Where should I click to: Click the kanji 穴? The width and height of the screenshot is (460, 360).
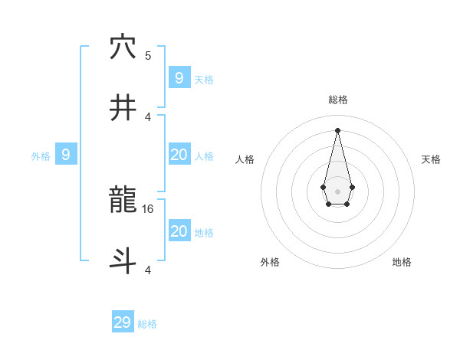123,47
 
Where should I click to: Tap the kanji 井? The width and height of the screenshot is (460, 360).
123,109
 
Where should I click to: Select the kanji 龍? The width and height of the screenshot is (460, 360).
123,201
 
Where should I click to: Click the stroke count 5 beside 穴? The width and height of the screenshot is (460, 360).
148,55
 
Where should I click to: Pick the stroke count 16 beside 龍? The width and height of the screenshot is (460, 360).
149,208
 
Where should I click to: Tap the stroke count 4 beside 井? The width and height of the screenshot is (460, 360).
148,116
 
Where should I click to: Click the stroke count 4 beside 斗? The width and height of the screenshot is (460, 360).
148,270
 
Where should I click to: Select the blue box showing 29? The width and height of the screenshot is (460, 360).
123,322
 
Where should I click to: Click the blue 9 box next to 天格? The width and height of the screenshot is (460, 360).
179,77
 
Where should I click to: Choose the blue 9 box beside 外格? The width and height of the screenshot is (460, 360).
66,155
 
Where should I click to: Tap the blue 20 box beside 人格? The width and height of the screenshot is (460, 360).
179,155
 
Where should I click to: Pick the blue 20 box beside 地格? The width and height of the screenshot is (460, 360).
179,231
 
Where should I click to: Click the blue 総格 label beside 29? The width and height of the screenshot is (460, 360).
147,324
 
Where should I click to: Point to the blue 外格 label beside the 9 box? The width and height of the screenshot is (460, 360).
41,156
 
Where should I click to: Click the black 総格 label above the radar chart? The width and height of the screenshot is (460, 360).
338,100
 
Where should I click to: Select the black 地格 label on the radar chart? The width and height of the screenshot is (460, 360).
402,262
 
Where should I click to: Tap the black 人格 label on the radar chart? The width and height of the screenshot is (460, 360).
245,159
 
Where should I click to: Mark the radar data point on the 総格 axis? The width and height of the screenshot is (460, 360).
337,129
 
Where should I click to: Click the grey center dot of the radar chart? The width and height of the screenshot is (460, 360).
337,191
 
